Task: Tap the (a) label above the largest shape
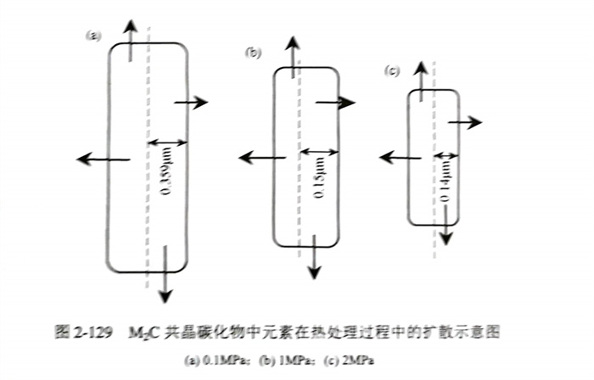click(93, 35)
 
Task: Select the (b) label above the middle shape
click(253, 53)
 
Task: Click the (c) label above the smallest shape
click(392, 70)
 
